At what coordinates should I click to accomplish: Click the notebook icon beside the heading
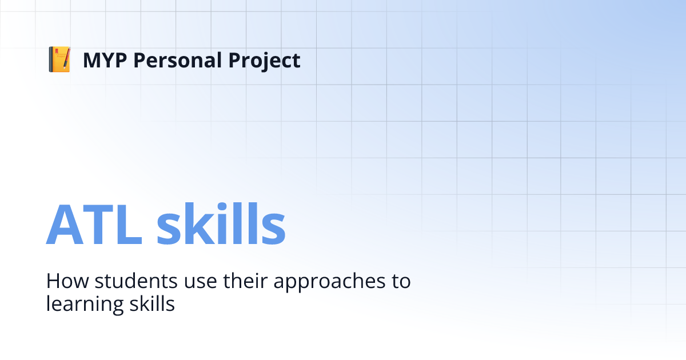(x=59, y=60)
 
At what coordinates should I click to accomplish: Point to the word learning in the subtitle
(x=82, y=304)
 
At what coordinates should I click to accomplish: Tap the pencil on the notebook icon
(x=66, y=58)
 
